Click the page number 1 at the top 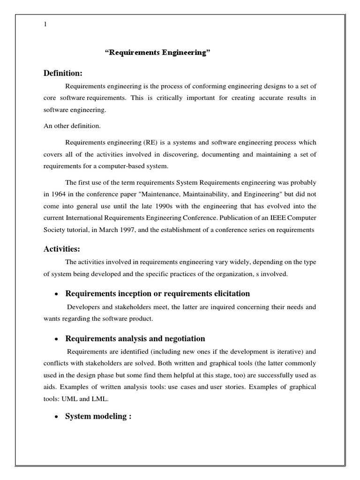click(45, 25)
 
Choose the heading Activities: click(62, 249)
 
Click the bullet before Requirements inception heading click(56, 294)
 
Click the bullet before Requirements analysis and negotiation click(56, 339)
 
